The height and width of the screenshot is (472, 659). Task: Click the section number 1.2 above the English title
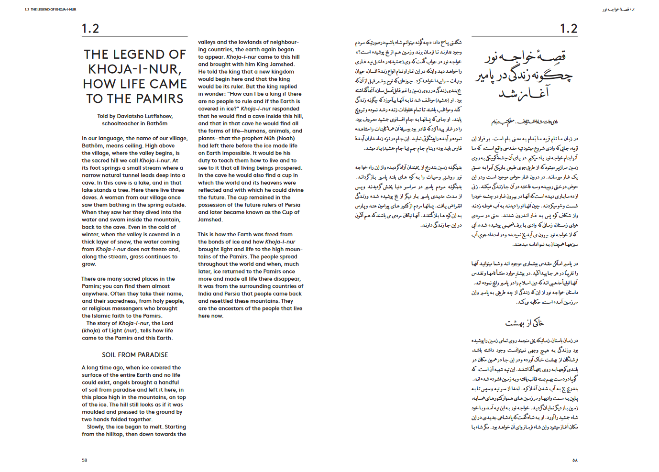(90, 29)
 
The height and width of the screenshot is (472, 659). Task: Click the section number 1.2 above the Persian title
(569, 29)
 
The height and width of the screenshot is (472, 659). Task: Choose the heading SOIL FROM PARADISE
(135, 355)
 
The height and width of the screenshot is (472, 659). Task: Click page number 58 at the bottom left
(84, 461)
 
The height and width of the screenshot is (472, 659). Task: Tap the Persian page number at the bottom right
(575, 461)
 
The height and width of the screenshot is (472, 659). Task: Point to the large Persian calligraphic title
(525, 74)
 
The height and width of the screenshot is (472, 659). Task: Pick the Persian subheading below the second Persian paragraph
(525, 323)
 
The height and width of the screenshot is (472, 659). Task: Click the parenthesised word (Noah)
(286, 138)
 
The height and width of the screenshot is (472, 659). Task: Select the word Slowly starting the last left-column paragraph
(95, 427)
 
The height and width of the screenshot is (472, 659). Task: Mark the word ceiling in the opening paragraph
(145, 146)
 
